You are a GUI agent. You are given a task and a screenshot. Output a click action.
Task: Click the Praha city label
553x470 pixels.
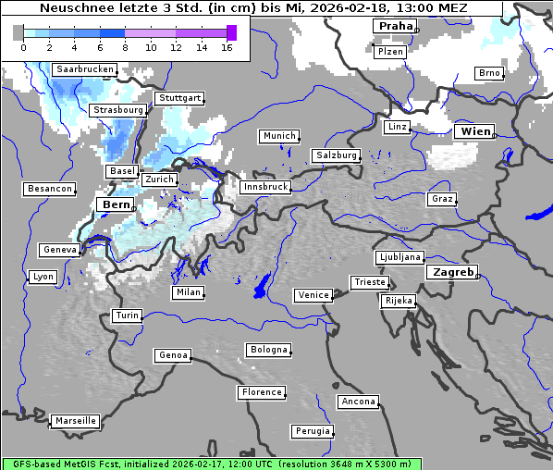pos(395,26)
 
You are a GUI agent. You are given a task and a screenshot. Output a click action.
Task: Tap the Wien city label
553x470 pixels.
pos(475,132)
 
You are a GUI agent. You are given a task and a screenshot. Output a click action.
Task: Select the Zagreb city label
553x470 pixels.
pos(451,273)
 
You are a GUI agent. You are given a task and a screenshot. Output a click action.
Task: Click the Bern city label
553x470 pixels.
pos(117,204)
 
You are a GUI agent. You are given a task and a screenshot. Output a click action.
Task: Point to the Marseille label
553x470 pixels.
pos(75,421)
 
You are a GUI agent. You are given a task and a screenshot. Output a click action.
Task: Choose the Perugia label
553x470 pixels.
pos(313,431)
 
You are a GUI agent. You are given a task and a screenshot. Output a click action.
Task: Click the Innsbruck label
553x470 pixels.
pos(264,187)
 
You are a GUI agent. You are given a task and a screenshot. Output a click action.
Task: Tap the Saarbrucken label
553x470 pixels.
pos(85,69)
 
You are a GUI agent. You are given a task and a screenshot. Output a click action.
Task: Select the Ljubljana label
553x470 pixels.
pos(399,257)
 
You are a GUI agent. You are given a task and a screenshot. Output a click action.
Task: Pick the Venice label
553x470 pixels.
pos(313,295)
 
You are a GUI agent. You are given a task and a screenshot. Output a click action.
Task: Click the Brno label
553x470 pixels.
pos(489,73)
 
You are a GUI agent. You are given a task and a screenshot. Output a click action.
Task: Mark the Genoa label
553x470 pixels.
pos(173,355)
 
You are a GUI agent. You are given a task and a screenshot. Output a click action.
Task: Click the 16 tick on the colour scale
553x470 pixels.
pos(227,46)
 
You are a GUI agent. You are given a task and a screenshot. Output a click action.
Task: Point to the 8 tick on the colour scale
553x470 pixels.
pos(125,46)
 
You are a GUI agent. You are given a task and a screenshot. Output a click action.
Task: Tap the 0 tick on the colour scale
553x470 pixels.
pos(23,46)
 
